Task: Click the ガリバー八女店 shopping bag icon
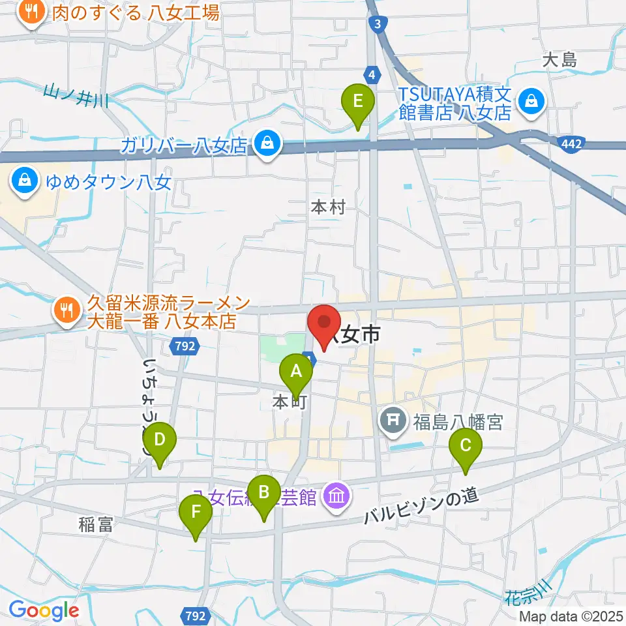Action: point(267,143)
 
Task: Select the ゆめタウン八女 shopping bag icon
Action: point(25,179)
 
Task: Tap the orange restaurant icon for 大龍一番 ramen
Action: point(65,306)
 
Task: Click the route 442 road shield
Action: point(574,142)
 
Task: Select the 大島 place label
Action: point(560,61)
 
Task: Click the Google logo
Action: point(44,611)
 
